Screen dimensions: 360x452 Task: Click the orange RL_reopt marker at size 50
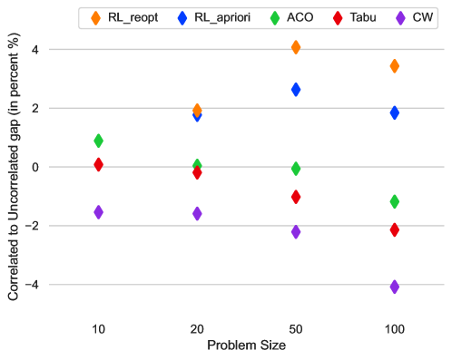tap(296, 47)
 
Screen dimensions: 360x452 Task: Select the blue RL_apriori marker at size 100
tap(394, 112)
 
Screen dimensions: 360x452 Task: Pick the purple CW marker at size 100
tap(394, 287)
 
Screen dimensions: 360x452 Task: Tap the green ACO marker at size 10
tap(98, 141)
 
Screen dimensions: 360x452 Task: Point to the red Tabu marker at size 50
tap(296, 197)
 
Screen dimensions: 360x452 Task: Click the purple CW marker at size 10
tap(98, 212)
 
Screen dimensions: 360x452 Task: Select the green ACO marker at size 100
tap(394, 201)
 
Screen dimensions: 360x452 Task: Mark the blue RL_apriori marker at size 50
tap(296, 90)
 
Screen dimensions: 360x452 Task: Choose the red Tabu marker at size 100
tap(394, 230)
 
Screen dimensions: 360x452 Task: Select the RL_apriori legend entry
tap(215, 16)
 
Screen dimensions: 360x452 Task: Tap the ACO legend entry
tap(294, 16)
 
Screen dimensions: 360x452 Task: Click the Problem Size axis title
tap(246, 345)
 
